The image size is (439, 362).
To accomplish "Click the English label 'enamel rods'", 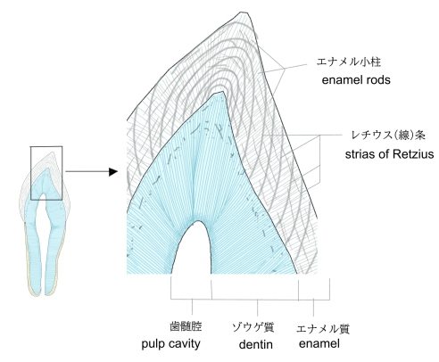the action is [356, 79].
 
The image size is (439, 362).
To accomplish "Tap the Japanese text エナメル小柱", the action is [348, 62].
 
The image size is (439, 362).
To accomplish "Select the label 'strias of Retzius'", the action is [389, 154].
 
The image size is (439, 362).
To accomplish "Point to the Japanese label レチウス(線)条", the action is [388, 135].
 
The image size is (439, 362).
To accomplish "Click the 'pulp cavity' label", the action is [170, 344].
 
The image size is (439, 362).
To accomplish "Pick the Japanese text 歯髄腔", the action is [186, 326].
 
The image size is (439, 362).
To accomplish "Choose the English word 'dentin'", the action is [256, 344].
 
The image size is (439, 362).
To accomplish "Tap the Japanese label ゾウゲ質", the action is [253, 327].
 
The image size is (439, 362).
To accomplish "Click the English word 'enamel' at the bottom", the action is [319, 343].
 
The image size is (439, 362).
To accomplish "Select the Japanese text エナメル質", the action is [323, 328].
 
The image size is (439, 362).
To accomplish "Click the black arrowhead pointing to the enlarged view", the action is [113, 171].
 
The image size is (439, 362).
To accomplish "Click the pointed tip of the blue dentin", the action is [221, 92].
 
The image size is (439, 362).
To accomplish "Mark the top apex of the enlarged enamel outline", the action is [242, 12].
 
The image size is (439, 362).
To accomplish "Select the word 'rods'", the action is [378, 79].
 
